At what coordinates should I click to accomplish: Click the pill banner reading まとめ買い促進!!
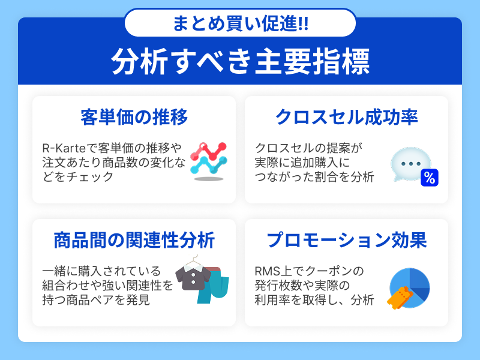tap(241, 23)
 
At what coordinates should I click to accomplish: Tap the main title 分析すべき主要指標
tap(241, 61)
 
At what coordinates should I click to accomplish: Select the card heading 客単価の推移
tap(134, 117)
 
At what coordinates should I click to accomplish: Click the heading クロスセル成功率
tap(347, 117)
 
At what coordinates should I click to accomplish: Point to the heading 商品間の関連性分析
tap(134, 240)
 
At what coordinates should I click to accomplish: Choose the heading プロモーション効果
tap(347, 240)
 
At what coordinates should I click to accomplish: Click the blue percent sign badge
tap(430, 178)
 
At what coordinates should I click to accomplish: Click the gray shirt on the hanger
tap(193, 278)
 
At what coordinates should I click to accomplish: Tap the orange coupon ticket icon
tap(400, 298)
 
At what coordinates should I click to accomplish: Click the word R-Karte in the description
tap(64, 148)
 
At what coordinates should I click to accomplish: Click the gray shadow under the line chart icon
tap(209, 179)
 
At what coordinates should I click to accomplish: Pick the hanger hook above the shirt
tap(194, 259)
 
